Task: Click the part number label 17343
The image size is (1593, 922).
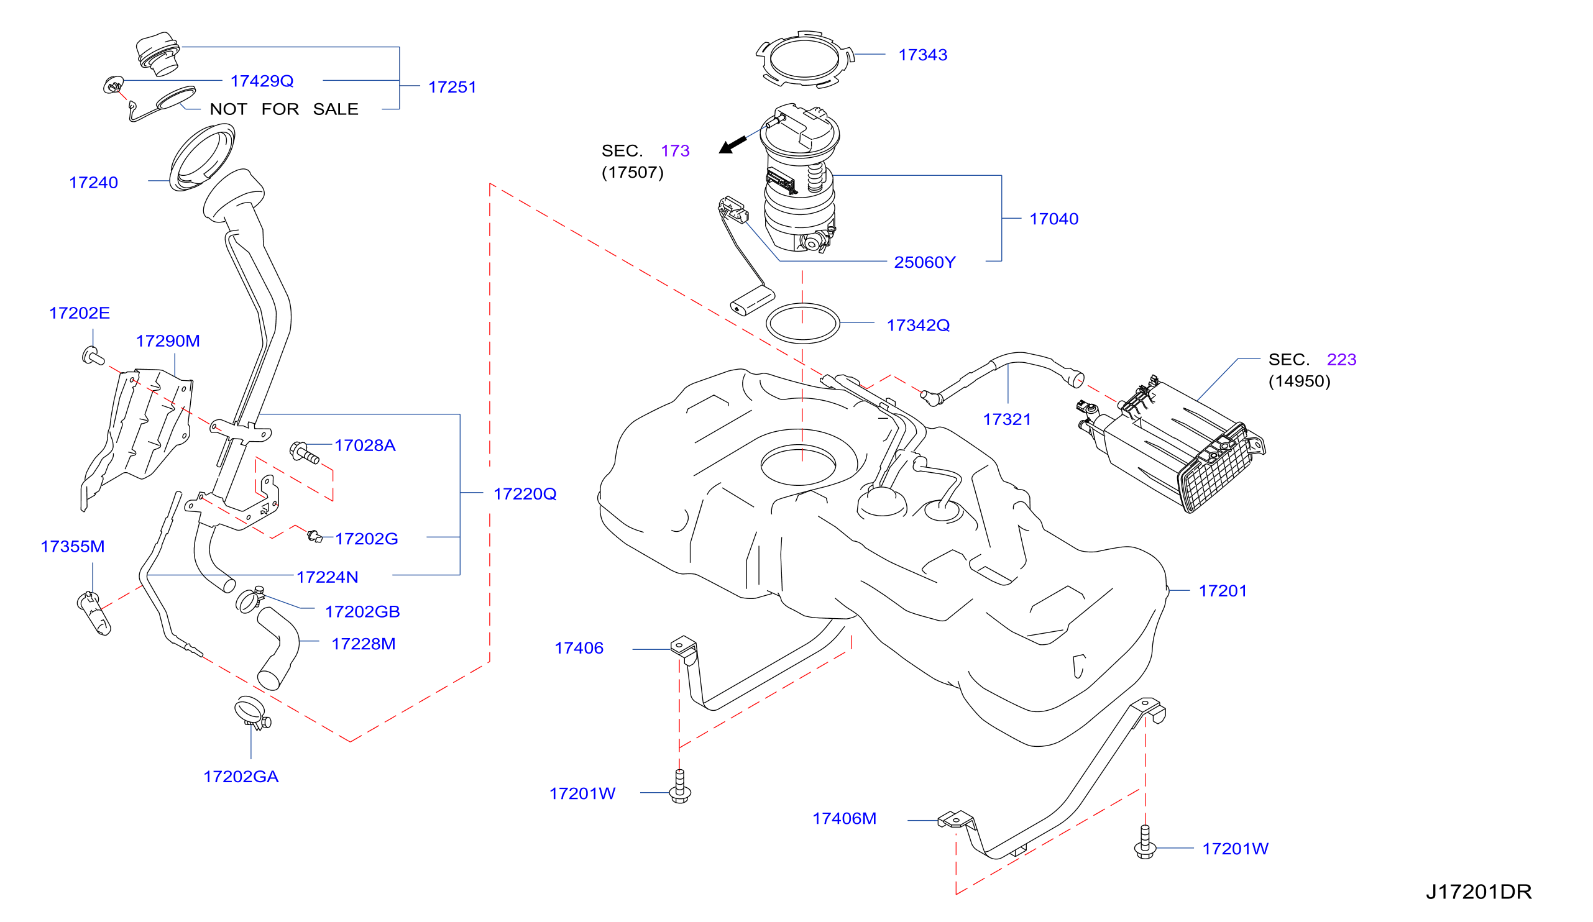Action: point(922,55)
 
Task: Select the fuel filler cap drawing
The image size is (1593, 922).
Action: point(158,54)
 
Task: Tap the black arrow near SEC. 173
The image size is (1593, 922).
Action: point(733,145)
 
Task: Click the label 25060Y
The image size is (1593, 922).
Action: point(924,262)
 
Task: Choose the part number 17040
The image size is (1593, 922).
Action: point(1054,219)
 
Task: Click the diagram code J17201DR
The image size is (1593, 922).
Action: point(1479,892)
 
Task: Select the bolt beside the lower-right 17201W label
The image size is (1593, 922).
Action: point(1145,843)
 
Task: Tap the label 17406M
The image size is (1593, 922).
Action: point(844,819)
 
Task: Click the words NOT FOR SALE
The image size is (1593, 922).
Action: point(284,109)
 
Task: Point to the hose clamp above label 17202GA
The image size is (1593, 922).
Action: point(252,714)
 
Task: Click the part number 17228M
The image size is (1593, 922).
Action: point(364,644)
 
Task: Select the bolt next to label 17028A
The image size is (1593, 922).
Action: point(304,452)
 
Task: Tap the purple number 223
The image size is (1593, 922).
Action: point(1341,360)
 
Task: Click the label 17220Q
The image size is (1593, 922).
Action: point(525,494)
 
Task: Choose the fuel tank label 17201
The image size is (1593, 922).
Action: point(1223,591)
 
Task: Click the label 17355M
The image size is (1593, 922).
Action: point(73,547)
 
